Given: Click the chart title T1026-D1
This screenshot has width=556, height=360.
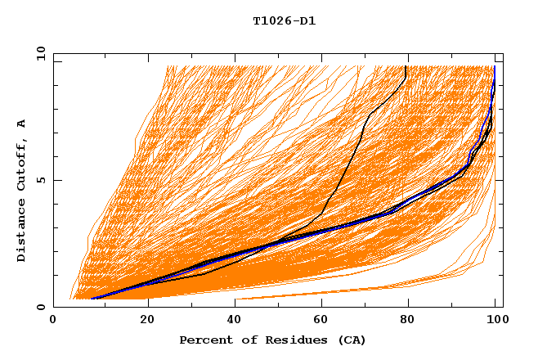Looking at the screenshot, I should (284, 21).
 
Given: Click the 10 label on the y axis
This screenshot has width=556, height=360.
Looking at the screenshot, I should (38, 53).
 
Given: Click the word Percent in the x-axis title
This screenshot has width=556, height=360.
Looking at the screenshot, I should (204, 340).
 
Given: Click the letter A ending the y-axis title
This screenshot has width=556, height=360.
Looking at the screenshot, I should (22, 124).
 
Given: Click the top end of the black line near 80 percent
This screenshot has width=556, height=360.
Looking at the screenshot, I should (406, 66).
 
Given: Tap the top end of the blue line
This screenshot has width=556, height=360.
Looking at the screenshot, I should (494, 66).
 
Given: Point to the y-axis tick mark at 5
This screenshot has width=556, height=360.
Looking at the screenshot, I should (56, 180).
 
